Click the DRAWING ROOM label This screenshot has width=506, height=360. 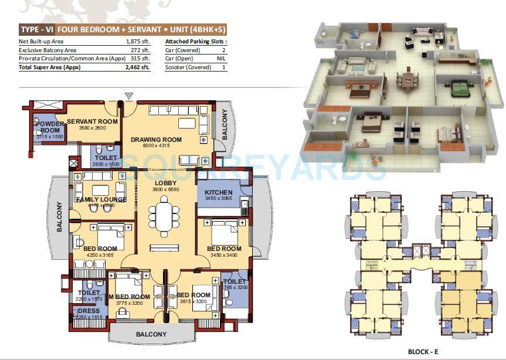coord(156,140)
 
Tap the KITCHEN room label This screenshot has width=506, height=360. coord(219,192)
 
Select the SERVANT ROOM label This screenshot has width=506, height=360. coord(92,121)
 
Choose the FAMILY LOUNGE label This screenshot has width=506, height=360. coord(101,199)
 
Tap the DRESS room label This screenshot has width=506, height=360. coord(89,311)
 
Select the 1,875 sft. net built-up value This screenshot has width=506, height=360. coord(138,42)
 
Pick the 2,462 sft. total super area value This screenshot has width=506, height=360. coord(138,67)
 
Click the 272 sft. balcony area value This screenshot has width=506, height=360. coord(141,50)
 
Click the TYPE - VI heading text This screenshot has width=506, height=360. coord(37,29)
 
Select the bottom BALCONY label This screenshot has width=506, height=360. coord(152,334)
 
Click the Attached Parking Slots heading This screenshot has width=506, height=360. coord(196,42)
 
